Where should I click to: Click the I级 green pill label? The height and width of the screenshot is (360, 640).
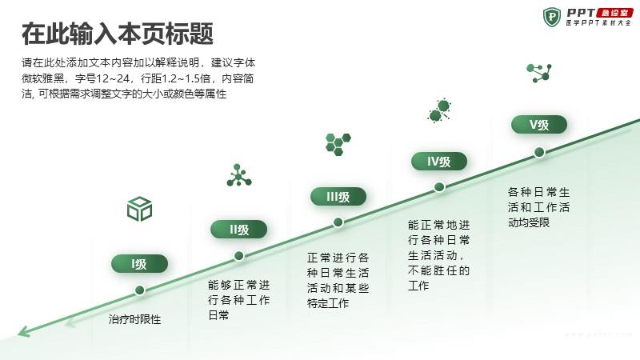click(139, 264)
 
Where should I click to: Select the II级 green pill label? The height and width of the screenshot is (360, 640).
click(238, 230)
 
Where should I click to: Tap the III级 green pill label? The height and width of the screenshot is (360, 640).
click(338, 197)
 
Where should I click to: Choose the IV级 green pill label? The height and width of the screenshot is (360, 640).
click(438, 162)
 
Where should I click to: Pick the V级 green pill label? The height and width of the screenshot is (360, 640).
click(539, 125)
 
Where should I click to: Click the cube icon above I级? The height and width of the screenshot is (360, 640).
click(139, 209)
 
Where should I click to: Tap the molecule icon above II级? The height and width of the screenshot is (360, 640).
click(238, 175)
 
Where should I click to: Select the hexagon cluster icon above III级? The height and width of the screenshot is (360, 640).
click(338, 144)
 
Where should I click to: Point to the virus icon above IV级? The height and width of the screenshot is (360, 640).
click(439, 110)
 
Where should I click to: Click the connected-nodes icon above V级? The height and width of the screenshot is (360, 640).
click(539, 73)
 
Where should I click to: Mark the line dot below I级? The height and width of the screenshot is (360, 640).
click(139, 290)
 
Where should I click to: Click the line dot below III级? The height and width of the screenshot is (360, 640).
click(338, 222)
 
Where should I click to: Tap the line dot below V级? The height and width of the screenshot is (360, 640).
click(539, 152)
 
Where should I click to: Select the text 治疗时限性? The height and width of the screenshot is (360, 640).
click(134, 319)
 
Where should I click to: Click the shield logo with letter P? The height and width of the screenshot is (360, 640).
click(552, 17)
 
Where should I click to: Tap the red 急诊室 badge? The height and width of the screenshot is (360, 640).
click(614, 13)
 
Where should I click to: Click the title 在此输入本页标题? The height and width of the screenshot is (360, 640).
click(118, 34)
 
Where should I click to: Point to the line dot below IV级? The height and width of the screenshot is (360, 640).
click(439, 187)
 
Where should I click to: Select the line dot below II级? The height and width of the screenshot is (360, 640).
click(238, 256)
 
